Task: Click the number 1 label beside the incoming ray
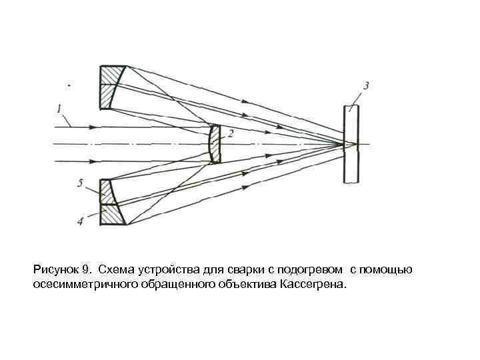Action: [59, 108]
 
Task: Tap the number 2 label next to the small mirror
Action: [230, 133]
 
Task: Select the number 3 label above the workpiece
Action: [366, 85]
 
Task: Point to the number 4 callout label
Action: [80, 221]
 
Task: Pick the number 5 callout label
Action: [80, 182]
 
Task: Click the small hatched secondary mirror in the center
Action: [213, 143]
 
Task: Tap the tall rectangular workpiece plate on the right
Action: [351, 144]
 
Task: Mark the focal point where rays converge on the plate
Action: [344, 144]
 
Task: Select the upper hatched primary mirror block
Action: [111, 86]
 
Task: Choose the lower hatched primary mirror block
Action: [111, 202]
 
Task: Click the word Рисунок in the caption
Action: [55, 270]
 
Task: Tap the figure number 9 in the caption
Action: [85, 270]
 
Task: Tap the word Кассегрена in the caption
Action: [314, 285]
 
